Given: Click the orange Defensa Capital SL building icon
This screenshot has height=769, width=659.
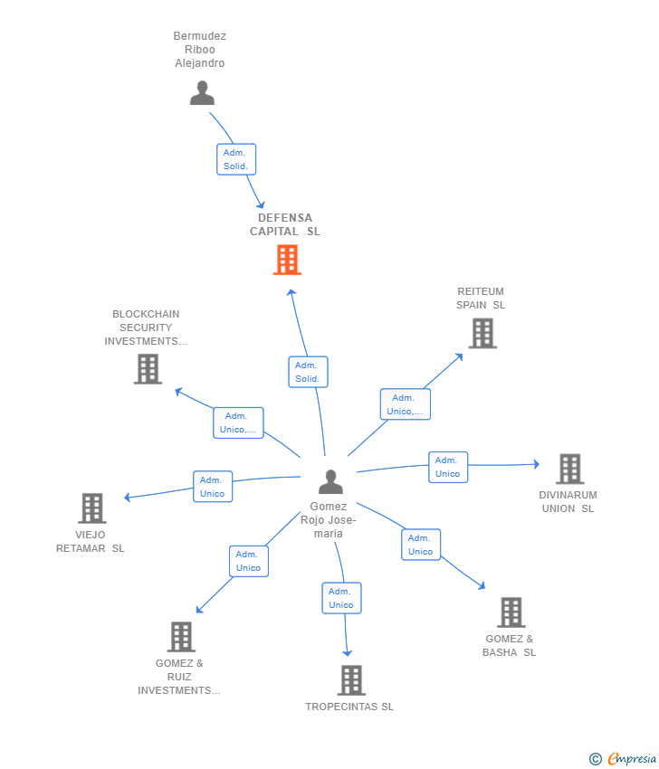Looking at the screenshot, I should tap(287, 260).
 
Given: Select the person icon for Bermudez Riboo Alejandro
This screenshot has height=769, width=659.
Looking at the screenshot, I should tap(202, 92).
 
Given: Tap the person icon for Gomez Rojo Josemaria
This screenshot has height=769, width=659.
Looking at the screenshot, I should tap(330, 481).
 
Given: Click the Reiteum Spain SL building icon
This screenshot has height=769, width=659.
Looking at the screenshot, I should tap(482, 333).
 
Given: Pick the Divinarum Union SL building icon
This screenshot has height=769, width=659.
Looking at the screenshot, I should tap(569, 469).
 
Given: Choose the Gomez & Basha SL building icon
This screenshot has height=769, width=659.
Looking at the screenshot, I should tap(511, 612).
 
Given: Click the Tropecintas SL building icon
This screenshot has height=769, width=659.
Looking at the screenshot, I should tap(350, 679).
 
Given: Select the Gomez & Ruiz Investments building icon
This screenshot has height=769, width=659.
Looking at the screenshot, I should tap(181, 636).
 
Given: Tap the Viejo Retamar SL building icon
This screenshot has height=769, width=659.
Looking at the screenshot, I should tap(92, 508).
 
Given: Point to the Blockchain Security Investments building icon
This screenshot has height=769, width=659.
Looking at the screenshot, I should tap(148, 368).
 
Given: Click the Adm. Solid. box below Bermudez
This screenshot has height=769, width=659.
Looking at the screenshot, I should tap(236, 159).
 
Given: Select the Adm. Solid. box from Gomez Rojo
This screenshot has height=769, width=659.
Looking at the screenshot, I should tap(308, 372).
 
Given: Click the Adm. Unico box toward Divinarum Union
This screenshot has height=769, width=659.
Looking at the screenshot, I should tap(447, 467).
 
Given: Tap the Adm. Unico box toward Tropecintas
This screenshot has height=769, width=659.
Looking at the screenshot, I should tap(341, 598).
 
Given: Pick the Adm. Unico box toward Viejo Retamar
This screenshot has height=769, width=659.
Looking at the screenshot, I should tap(213, 487).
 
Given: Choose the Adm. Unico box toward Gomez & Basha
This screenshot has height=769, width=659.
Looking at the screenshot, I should tap(421, 545).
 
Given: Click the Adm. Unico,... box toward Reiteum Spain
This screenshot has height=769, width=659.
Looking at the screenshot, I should tap(405, 404).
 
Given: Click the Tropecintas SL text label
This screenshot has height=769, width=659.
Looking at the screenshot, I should tap(349, 707).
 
